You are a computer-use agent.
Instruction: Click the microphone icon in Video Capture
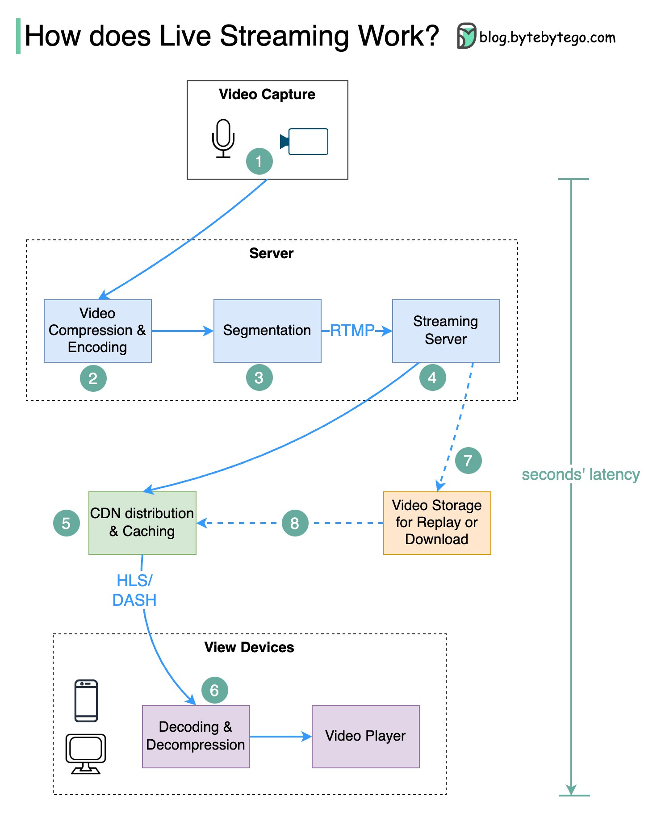223,138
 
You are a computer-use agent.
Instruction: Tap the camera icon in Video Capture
305,142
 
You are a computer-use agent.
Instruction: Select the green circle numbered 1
259,161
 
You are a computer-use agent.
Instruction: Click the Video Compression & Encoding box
97,331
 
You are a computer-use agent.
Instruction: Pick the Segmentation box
267,331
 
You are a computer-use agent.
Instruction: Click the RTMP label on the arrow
352,331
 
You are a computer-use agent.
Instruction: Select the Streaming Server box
446,331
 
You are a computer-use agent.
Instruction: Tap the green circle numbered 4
432,378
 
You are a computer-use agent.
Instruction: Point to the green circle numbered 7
468,461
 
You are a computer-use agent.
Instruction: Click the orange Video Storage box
437,523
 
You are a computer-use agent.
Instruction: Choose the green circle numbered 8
295,523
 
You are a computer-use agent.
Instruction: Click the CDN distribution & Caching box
142,523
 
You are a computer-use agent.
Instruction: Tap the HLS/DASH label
134,590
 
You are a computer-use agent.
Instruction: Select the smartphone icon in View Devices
86,700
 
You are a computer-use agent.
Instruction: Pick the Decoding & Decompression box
196,736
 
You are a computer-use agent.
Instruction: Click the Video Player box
365,736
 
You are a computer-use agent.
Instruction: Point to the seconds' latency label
581,474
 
